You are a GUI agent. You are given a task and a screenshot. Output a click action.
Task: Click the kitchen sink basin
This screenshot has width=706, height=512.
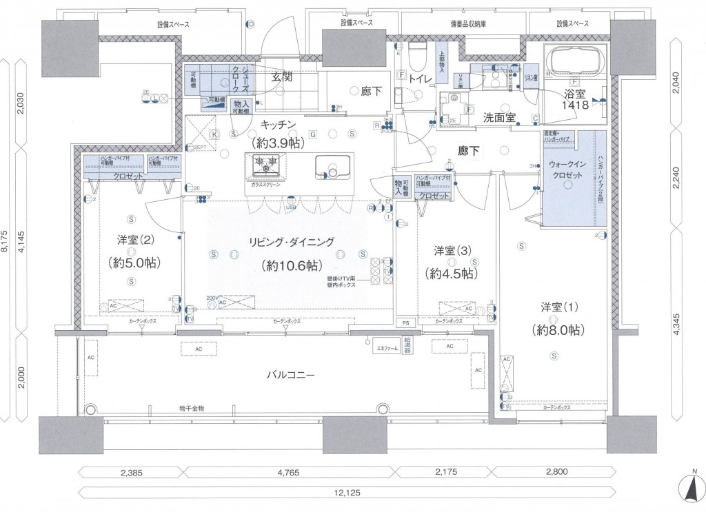point(332,167)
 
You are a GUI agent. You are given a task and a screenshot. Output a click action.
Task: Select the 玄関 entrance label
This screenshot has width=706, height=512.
point(281,77)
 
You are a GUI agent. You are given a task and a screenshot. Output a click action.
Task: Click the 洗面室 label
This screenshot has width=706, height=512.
point(500,117)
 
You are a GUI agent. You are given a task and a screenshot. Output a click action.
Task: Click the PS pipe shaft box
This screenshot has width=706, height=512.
point(406,322)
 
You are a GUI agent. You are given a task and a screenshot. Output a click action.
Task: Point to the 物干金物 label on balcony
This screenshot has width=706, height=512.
point(191,409)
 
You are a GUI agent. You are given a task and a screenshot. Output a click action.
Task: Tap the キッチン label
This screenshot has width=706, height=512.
point(278,125)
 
